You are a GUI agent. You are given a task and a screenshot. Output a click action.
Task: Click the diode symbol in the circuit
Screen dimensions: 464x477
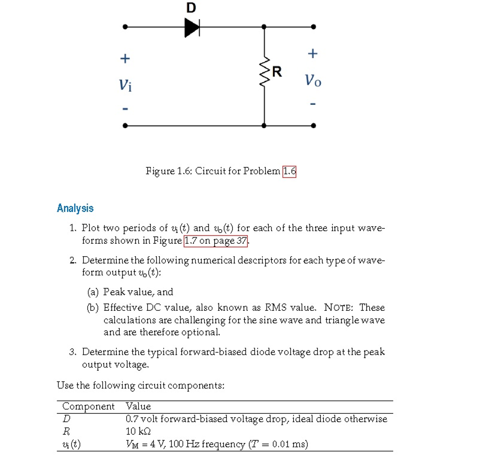click(192, 27)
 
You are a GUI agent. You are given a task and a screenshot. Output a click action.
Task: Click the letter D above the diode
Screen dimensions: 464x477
click(191, 8)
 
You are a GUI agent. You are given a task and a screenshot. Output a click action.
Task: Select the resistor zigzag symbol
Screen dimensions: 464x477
click(265, 73)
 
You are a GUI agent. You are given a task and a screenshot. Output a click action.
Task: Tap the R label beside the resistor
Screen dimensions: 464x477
click(277, 72)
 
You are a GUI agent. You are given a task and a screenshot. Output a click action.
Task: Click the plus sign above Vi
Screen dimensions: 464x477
click(124, 59)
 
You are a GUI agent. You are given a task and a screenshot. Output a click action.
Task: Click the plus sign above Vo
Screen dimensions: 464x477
click(313, 54)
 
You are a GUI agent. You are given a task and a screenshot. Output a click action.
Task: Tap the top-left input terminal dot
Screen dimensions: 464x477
click(125, 27)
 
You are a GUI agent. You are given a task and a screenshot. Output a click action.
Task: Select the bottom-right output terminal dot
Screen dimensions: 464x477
click(313, 125)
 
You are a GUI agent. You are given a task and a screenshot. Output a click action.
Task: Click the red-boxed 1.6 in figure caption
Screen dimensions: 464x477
click(289, 171)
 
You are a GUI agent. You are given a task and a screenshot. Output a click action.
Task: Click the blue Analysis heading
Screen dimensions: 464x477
click(75, 208)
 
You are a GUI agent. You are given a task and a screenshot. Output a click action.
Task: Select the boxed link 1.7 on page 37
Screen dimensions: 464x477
click(216, 241)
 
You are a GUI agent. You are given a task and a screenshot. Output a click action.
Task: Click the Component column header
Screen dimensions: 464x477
click(89, 406)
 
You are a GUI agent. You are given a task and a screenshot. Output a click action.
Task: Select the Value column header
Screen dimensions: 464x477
click(138, 406)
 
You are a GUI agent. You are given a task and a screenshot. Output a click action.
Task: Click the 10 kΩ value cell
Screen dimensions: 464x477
click(138, 431)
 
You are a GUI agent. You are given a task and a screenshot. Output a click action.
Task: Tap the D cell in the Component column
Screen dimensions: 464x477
click(66, 419)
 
